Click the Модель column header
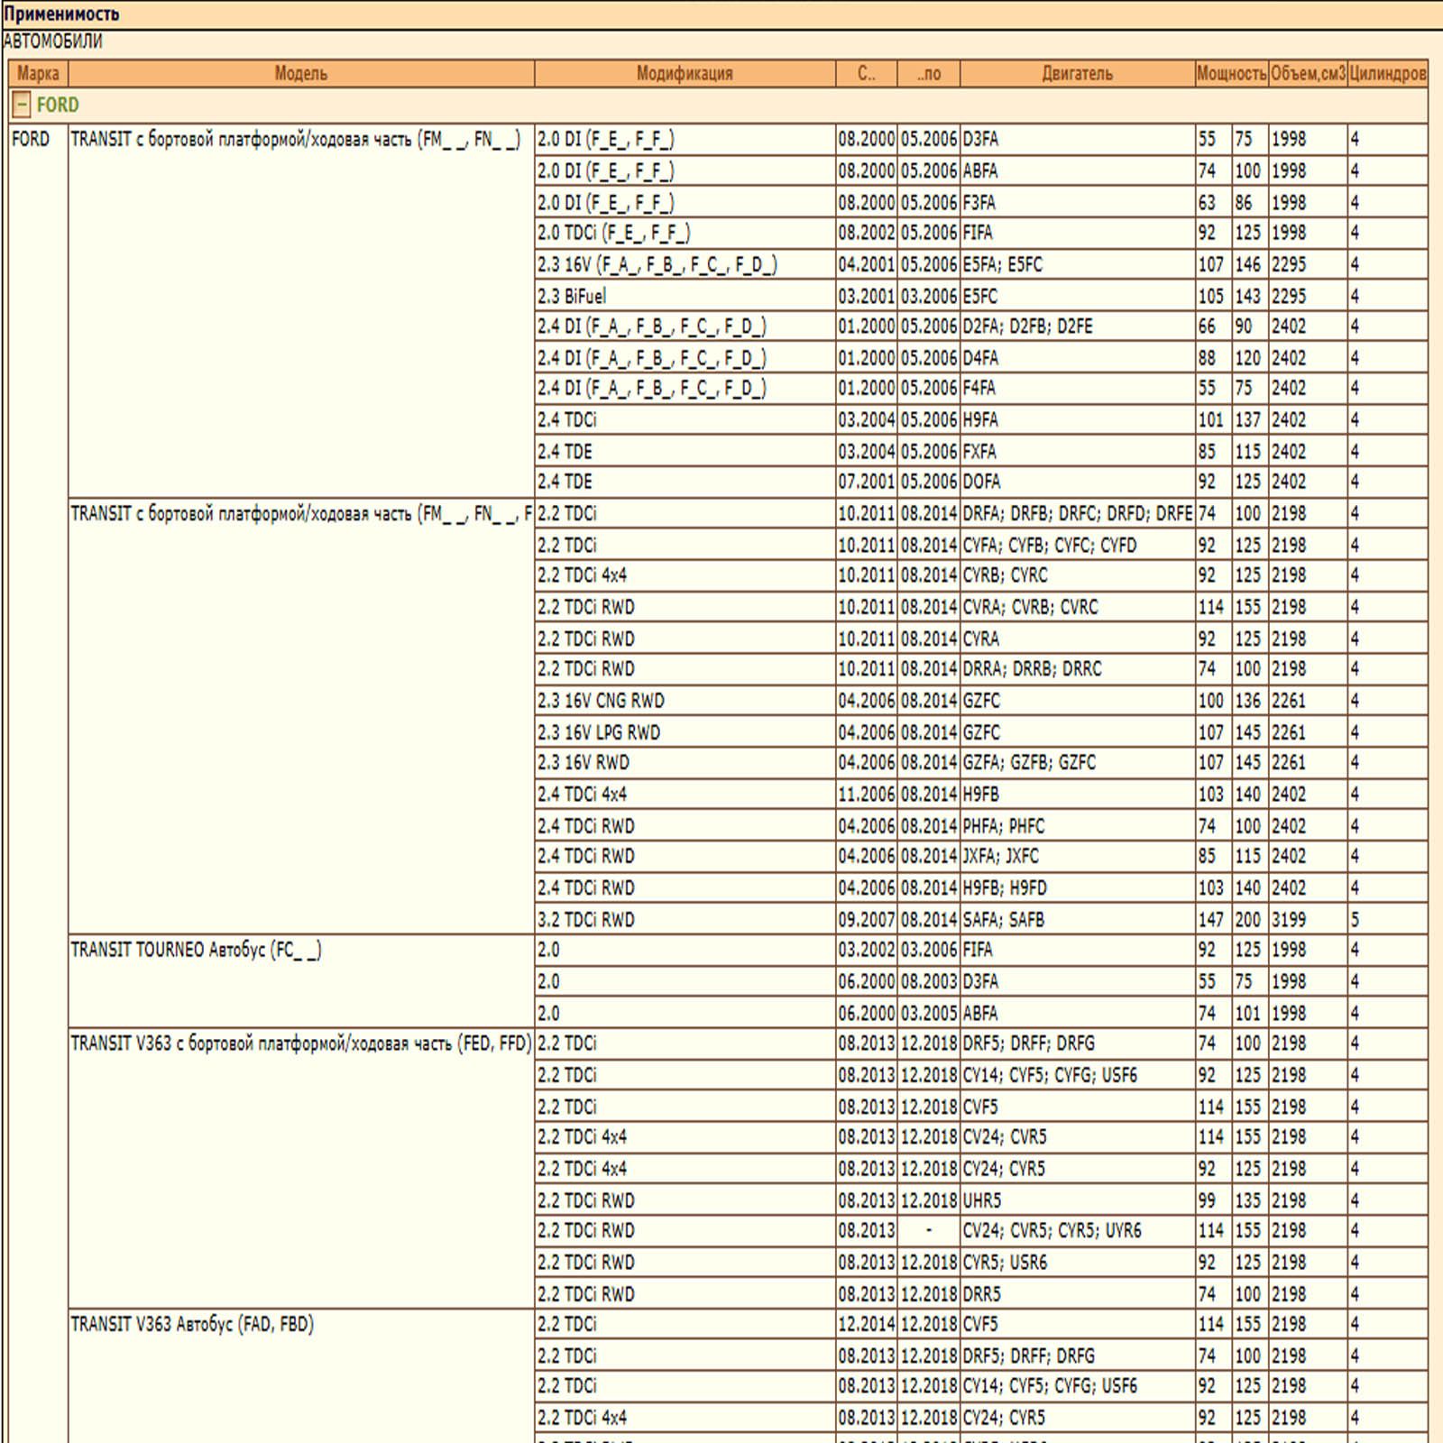click(x=300, y=74)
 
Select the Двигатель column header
click(x=1077, y=74)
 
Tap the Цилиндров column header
click(x=1387, y=74)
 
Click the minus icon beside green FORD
click(x=22, y=106)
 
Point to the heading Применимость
click(x=61, y=14)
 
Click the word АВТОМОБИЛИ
click(x=53, y=41)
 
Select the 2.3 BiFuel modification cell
click(x=572, y=296)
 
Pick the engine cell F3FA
click(x=979, y=203)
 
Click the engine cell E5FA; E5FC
click(x=1003, y=264)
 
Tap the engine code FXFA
click(x=979, y=451)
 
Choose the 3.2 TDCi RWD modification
click(x=586, y=920)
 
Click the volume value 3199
click(x=1289, y=920)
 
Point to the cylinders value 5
click(x=1355, y=920)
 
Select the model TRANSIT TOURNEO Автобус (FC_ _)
click(x=196, y=951)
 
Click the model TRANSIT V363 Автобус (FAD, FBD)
click(x=192, y=1325)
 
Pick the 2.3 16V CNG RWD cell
click(x=601, y=701)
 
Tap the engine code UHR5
click(x=982, y=1200)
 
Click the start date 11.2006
click(x=866, y=795)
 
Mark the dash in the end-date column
click(x=929, y=1231)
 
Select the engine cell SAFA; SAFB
click(x=1004, y=920)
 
